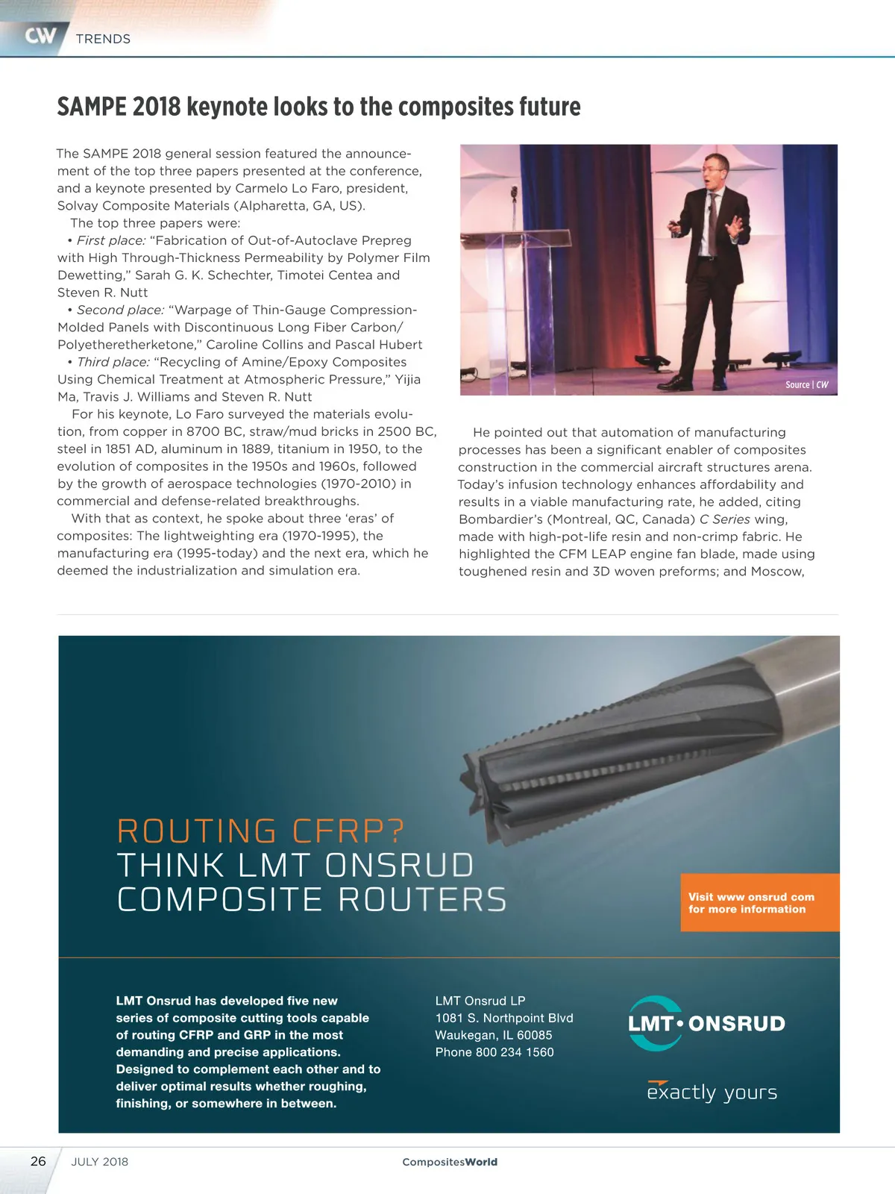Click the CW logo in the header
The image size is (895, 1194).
40,36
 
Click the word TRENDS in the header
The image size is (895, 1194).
103,39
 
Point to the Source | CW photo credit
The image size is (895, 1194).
806,384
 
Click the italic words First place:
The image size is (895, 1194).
111,240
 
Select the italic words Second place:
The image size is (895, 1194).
120,310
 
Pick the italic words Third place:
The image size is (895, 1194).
113,362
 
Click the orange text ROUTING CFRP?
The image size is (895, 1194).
261,831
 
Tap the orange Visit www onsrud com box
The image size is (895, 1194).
759,902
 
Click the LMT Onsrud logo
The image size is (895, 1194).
706,1023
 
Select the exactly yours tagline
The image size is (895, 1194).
712,1093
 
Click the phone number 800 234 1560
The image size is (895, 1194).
515,1052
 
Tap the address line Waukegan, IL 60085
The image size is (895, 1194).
494,1035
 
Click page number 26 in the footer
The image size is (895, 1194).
38,1161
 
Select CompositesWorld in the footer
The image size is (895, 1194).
450,1162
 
